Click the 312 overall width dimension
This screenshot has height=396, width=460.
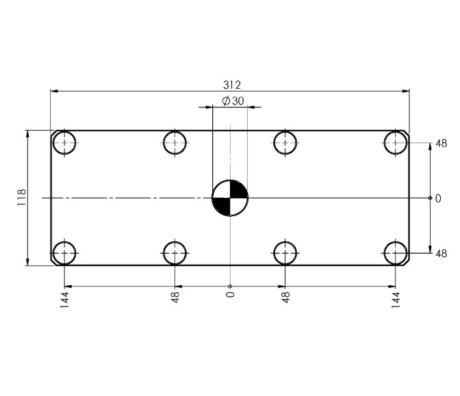[232, 85]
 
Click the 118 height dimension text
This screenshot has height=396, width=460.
[21, 198]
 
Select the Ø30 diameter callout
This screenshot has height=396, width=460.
[233, 101]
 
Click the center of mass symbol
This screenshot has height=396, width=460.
[230, 198]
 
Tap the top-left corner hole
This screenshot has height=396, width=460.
[65, 142]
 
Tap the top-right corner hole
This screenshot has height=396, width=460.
[396, 142]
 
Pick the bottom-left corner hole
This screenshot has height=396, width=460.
[65, 252]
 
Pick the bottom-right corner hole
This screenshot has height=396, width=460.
[396, 252]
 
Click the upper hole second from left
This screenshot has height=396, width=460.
[175, 142]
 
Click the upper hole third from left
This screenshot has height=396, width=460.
[285, 142]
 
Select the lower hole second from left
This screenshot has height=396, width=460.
[175, 252]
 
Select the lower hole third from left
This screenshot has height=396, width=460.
[285, 252]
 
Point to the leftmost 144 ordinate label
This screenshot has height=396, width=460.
[65, 299]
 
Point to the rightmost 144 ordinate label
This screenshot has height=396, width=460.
[396, 299]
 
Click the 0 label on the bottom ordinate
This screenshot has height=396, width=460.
[230, 295]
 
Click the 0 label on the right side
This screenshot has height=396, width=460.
[438, 198]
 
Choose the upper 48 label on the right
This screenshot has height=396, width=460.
[441, 144]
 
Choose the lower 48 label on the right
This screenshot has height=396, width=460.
[441, 254]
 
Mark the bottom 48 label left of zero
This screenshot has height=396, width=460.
[175, 297]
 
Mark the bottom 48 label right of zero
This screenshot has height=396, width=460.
[285, 297]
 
